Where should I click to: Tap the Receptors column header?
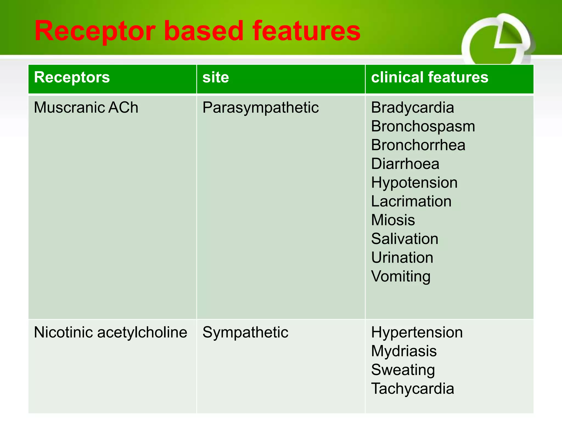click(x=72, y=77)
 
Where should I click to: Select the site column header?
click(x=216, y=77)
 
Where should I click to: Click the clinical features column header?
click(x=429, y=77)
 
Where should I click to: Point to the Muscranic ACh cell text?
click(x=86, y=107)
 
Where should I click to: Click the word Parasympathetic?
click(x=260, y=107)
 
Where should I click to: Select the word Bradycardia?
click(x=412, y=107)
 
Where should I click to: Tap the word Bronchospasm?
click(x=423, y=126)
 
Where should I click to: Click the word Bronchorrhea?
click(x=418, y=145)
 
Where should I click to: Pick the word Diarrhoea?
click(x=405, y=164)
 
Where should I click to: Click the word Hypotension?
click(x=414, y=183)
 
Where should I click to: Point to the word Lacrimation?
click(x=411, y=201)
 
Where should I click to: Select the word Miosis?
click(x=393, y=220)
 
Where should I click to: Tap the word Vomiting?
click(x=401, y=276)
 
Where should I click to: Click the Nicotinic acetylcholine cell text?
click(x=110, y=332)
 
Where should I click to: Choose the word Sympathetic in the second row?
click(x=245, y=332)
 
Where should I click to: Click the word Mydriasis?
click(x=404, y=351)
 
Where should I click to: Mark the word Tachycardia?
click(x=412, y=389)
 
